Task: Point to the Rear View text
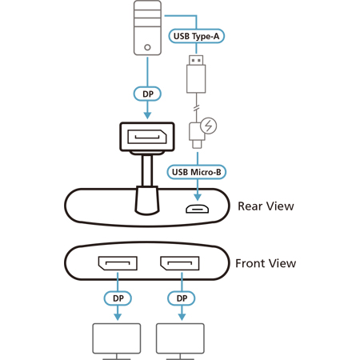[266, 206]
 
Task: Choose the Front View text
[266, 263]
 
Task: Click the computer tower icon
[147, 28]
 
